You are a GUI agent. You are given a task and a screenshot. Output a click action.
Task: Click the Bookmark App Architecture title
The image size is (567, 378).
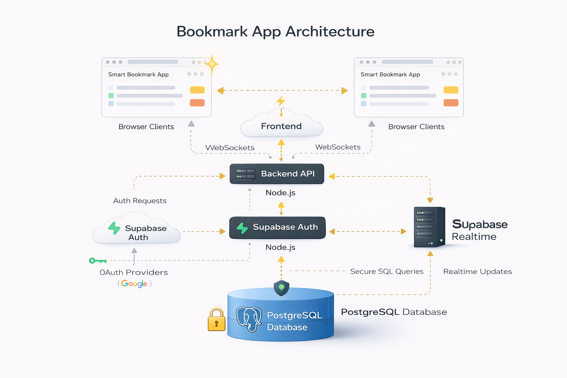(275, 32)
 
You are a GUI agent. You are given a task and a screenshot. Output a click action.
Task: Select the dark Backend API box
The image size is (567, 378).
(277, 174)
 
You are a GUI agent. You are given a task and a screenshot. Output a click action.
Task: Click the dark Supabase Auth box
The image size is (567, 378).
(278, 227)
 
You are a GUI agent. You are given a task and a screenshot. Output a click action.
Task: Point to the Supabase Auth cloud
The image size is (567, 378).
(137, 231)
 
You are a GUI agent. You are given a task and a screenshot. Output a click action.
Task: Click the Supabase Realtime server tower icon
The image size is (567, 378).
(429, 227)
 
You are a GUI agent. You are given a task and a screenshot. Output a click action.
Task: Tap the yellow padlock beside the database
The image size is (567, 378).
(217, 320)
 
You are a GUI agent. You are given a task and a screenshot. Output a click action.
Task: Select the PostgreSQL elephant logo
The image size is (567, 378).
(249, 319)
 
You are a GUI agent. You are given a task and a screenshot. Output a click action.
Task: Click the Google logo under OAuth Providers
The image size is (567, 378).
(134, 283)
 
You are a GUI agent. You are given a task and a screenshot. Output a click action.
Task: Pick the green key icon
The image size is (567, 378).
(97, 261)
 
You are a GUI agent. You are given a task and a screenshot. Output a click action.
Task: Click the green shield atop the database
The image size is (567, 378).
(281, 288)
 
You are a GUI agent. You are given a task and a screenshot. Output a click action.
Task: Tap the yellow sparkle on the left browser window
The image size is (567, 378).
(212, 65)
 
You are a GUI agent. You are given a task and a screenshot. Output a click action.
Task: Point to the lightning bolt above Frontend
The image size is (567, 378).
(281, 101)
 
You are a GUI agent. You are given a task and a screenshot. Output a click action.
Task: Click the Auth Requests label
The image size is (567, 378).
(140, 201)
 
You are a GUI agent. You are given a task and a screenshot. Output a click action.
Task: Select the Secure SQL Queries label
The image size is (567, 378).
(386, 271)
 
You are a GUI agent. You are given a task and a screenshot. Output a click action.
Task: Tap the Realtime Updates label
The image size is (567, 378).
(477, 272)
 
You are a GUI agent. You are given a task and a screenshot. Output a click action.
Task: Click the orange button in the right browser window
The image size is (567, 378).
(451, 103)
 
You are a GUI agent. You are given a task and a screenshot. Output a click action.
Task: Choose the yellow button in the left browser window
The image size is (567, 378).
(197, 90)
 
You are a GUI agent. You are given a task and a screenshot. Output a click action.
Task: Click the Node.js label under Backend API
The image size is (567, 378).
(281, 193)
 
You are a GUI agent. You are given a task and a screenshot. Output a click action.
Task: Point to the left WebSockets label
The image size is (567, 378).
(230, 148)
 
